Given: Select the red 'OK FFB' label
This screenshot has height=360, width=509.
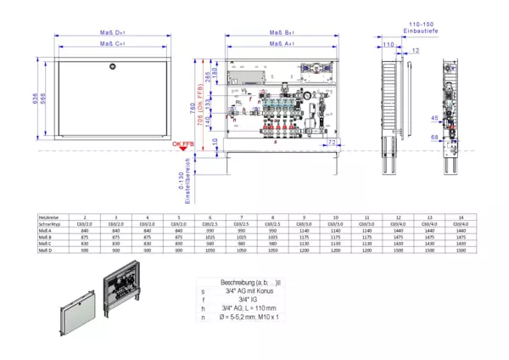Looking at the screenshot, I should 183,144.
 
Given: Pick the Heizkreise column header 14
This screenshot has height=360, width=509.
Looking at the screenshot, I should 461,217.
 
